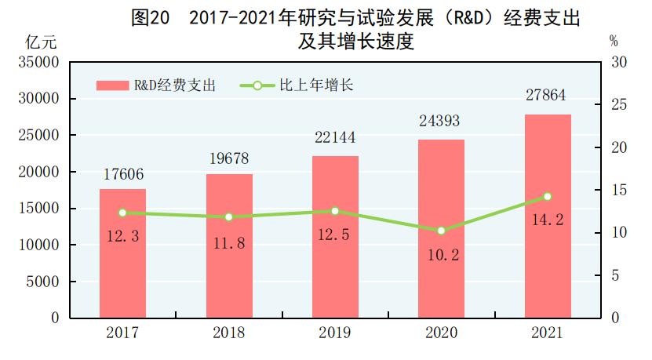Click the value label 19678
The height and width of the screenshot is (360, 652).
pos(229,159)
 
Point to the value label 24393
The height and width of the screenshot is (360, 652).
pos(440,122)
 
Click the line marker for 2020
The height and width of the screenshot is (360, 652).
pos(441,231)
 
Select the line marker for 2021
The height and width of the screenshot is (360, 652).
pos(548,197)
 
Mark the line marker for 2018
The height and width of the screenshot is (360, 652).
pos(229,217)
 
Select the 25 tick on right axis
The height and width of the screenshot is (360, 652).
pos(616,105)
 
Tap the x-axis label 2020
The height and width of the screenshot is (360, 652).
pos(441,333)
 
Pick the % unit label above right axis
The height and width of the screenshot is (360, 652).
pos(614,40)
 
